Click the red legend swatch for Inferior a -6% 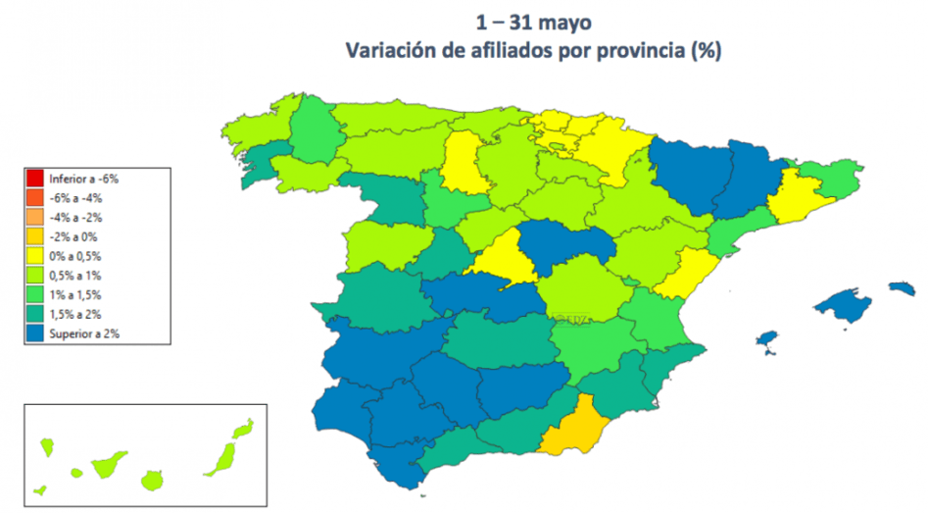(x=34, y=179)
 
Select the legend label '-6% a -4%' (x=75, y=198)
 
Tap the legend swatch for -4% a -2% (x=34, y=217)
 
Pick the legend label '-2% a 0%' (x=73, y=236)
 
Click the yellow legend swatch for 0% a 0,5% (x=34, y=256)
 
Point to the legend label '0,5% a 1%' (x=74, y=276)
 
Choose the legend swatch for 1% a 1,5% (x=34, y=295)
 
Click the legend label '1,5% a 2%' (x=74, y=315)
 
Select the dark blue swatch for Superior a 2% (x=34, y=333)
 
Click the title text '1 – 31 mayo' (x=533, y=22)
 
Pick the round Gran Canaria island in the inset (x=152, y=481)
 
